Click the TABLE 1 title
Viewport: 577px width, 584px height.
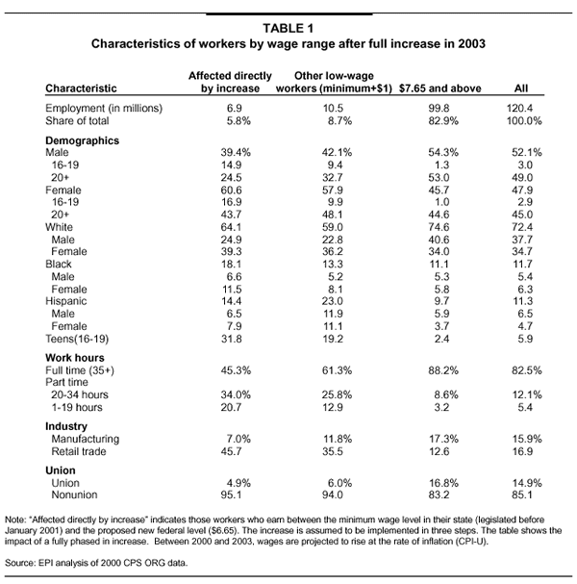click(x=288, y=28)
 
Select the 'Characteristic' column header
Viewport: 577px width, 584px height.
click(x=81, y=89)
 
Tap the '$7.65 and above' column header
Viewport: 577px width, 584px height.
click(x=440, y=89)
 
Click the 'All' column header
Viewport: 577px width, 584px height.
click(x=521, y=89)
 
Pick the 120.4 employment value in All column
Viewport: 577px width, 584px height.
click(x=519, y=109)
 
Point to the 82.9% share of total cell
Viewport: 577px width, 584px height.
click(x=443, y=121)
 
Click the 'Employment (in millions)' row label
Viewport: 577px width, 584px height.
click(x=104, y=109)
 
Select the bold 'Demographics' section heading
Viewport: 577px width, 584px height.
click(x=83, y=140)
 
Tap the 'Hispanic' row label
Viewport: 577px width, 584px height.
click(x=66, y=301)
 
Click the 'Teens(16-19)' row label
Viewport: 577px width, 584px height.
click(x=77, y=339)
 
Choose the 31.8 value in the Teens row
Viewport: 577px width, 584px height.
click(x=231, y=339)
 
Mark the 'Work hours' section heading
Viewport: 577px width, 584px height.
click(x=75, y=358)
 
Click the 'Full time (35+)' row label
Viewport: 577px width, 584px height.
click(x=80, y=370)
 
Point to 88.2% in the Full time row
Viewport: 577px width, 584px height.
click(x=443, y=370)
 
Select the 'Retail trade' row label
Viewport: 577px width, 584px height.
click(x=79, y=451)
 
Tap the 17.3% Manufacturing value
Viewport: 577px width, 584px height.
click(x=443, y=439)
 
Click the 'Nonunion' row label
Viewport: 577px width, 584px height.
click(x=74, y=495)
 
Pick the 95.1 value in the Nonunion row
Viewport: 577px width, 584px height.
click(x=231, y=495)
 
